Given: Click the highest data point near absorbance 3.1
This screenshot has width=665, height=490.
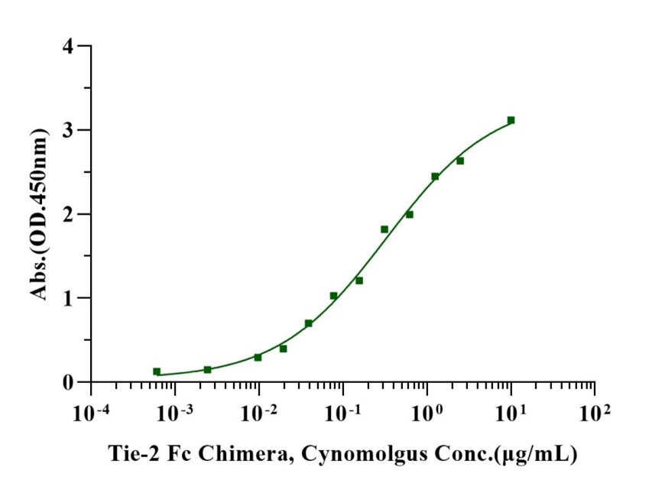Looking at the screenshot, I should coord(511,120).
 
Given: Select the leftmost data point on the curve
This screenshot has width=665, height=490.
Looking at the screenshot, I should coord(157,372).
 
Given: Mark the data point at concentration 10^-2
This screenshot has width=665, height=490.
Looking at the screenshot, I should coord(258,357).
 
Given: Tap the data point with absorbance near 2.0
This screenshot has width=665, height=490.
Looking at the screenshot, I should coord(409,215).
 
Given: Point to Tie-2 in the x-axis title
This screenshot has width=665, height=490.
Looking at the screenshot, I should coord(131,454).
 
